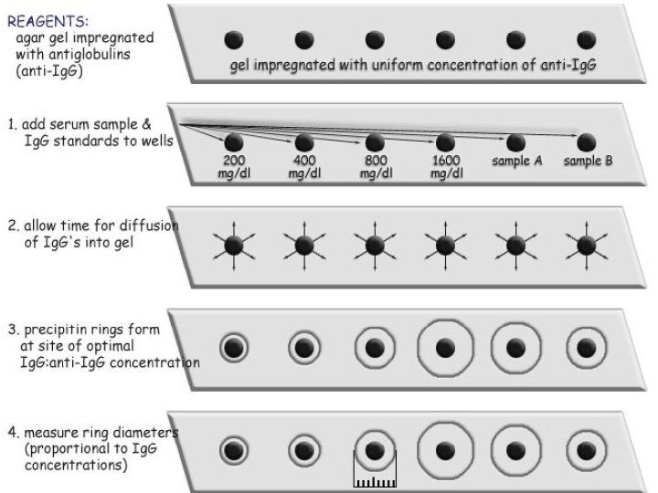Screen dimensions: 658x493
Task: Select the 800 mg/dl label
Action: (375, 167)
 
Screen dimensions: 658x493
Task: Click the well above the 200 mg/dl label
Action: (234, 142)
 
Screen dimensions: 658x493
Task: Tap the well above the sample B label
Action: (586, 142)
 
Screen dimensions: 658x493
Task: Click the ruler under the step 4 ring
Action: (374, 476)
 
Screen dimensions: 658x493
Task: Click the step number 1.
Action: (11, 123)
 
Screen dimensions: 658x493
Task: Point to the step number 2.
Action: (11, 226)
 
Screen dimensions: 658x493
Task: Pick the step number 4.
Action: (11, 431)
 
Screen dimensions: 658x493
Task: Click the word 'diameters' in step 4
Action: (151, 431)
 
